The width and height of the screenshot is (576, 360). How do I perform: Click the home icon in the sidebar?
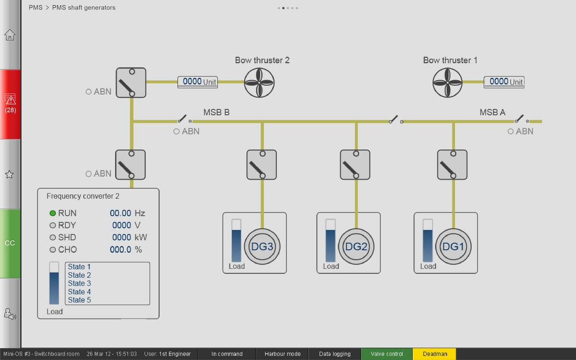pyautogui.click(x=10, y=35)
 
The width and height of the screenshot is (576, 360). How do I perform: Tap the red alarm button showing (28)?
pyautogui.click(x=10, y=104)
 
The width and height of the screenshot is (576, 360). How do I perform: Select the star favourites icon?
pyautogui.click(x=10, y=174)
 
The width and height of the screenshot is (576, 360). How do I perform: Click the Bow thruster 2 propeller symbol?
pyautogui.click(x=259, y=83)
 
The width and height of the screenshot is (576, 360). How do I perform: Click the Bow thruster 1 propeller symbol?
pyautogui.click(x=447, y=83)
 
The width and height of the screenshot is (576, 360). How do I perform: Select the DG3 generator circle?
pyautogui.click(x=262, y=246)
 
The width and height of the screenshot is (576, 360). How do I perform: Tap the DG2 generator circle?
pyautogui.click(x=356, y=246)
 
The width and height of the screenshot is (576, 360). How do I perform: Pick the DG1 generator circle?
pyautogui.click(x=453, y=246)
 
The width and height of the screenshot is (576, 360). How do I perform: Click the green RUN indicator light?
pyautogui.click(x=53, y=213)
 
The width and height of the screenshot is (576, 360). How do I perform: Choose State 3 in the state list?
pyautogui.click(x=79, y=283)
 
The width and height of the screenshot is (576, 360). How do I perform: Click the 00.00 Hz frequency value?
pyautogui.click(x=127, y=213)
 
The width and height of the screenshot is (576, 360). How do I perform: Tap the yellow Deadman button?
pyautogui.click(x=434, y=354)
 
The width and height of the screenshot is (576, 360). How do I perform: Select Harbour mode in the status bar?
pyautogui.click(x=282, y=354)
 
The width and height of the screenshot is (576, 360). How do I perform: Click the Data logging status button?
pyautogui.click(x=335, y=354)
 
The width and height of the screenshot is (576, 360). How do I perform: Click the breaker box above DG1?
pyautogui.click(x=452, y=165)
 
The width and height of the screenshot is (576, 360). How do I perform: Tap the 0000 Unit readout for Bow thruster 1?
pyautogui.click(x=504, y=82)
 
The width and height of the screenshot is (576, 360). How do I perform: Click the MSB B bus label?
pyautogui.click(x=216, y=112)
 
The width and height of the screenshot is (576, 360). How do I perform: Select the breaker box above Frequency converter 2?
pyautogui.click(x=131, y=165)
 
